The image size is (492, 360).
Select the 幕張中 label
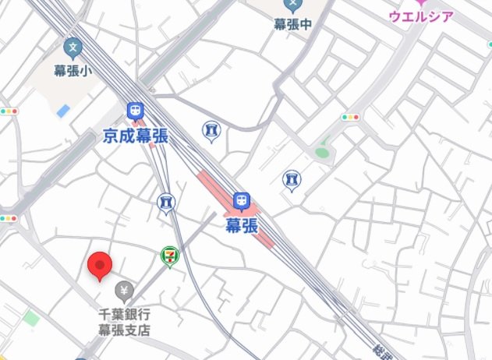[292, 24]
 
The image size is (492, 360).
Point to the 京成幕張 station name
[135, 137]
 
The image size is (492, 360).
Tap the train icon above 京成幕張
[135, 112]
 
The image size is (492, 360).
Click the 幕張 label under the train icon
[242, 226]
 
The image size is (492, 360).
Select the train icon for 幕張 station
[242, 202]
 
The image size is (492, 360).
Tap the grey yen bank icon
[123, 291]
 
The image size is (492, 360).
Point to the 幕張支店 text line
[123, 329]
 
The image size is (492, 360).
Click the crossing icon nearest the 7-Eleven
[166, 203]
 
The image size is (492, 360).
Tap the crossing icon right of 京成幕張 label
[211, 131]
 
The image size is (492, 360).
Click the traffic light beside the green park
[350, 117]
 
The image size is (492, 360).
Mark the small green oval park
[321, 153]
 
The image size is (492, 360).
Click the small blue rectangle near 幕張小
[63, 111]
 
